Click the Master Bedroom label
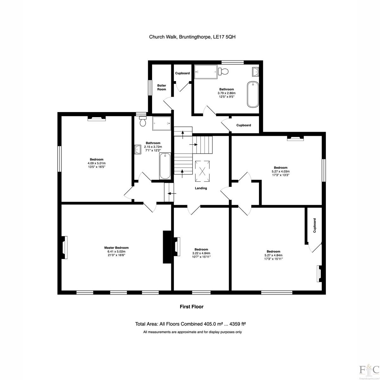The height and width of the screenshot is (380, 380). [116, 248]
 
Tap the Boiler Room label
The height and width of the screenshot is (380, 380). [161, 87]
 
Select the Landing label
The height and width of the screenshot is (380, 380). [201, 188]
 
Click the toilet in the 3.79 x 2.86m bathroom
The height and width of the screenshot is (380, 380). [223, 71]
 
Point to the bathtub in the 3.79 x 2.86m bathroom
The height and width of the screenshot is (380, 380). [253, 94]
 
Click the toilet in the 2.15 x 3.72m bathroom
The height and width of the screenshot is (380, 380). [142, 121]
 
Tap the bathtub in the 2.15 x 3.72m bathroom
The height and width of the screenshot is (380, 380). [165, 166]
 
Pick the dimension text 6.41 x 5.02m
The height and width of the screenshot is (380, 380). [116, 251]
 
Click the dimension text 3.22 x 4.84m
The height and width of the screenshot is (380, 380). [201, 253]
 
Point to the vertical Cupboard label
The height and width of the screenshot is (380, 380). [314, 225]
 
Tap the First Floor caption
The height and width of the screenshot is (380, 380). [192, 307]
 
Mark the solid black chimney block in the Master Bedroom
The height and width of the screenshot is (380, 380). [167, 247]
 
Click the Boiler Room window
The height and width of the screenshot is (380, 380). [150, 88]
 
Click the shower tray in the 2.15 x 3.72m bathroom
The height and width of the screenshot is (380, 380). [161, 123]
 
